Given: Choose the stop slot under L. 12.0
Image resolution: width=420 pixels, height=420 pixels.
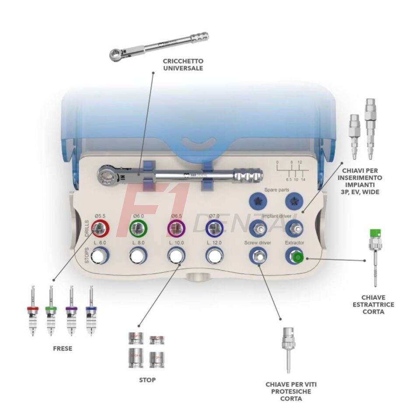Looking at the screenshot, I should (214, 255).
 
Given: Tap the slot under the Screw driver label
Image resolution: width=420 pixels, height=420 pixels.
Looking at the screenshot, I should (258, 256).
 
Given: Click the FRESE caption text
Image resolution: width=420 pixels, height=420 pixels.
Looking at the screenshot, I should (62, 349).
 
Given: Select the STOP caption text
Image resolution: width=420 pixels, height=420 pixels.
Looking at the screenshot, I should (147, 380).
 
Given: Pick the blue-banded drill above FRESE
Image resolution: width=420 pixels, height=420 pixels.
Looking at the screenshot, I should (91, 311).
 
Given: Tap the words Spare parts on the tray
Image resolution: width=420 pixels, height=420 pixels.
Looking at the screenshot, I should (275, 190).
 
